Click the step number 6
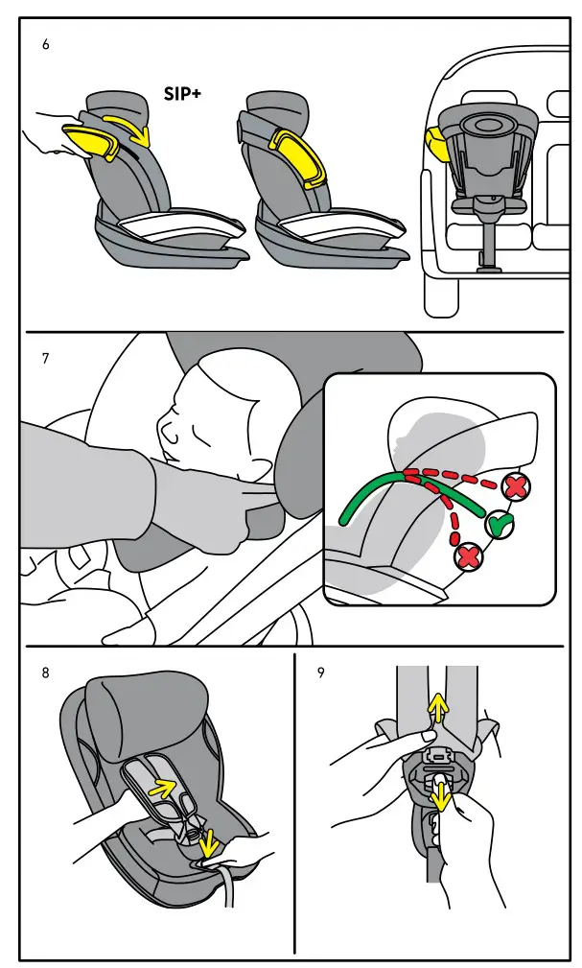tap(45, 46)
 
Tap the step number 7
tap(45, 359)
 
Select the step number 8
tap(45, 673)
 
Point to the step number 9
tap(320, 673)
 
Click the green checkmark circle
tap(498, 524)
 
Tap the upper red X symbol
tap(516, 486)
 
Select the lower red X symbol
tap(469, 555)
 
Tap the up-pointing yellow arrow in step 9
tap(436, 709)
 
